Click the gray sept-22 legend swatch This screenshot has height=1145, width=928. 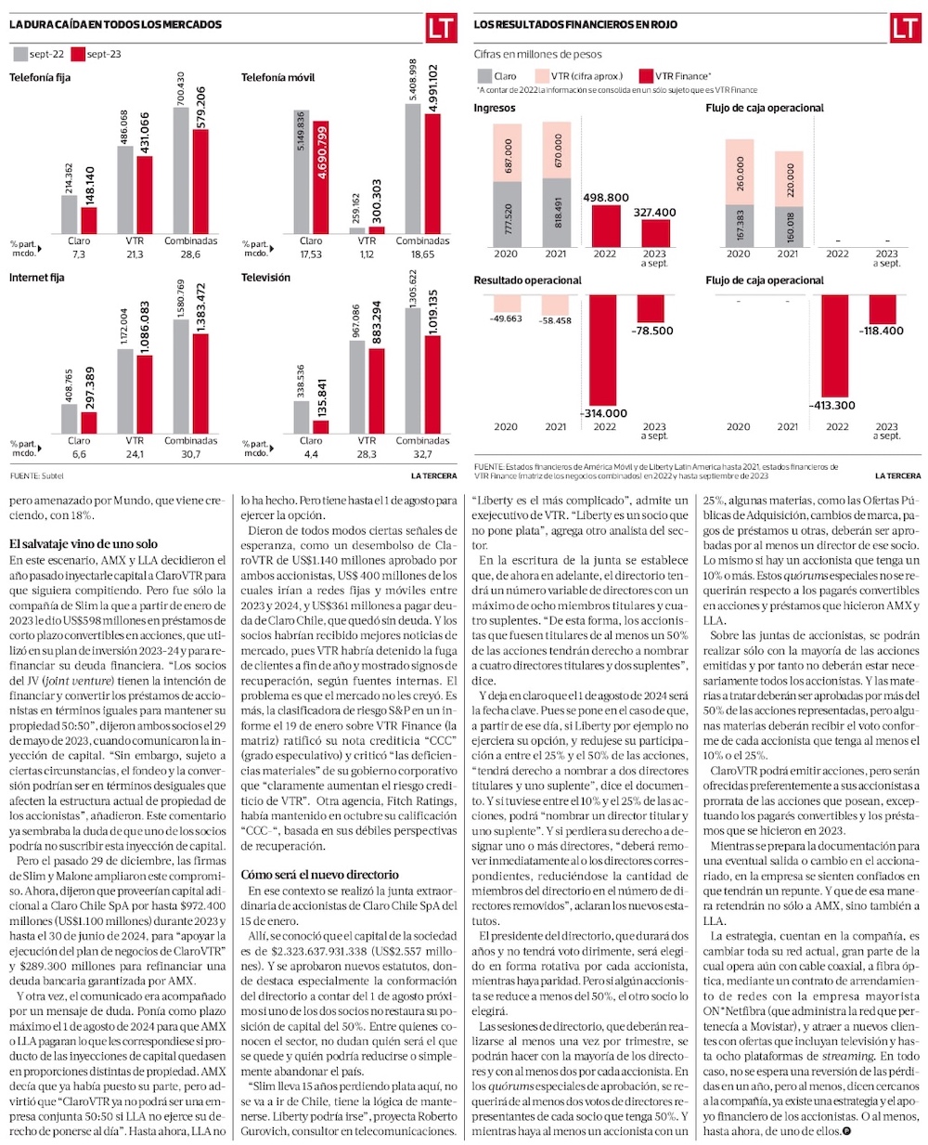tap(19, 54)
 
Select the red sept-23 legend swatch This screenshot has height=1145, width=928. tap(78, 54)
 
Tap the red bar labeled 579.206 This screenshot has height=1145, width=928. tap(200, 181)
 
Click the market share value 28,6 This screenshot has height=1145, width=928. tap(190, 254)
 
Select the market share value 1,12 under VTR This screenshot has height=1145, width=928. tap(367, 254)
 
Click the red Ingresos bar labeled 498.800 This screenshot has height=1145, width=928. tap(605, 226)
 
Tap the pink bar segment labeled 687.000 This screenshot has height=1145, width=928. tap(506, 153)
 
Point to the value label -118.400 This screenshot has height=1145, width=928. tap(881, 331)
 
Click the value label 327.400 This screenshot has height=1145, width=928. tap(654, 213)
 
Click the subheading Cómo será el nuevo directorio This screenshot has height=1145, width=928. tap(319, 874)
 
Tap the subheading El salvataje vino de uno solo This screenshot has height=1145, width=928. tap(84, 543)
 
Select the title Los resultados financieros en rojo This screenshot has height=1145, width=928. tap(575, 25)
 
